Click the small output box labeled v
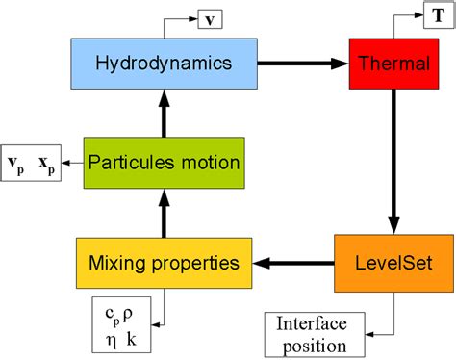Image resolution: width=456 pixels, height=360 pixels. (x=211, y=18)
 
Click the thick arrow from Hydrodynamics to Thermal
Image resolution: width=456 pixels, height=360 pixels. (x=302, y=63)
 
